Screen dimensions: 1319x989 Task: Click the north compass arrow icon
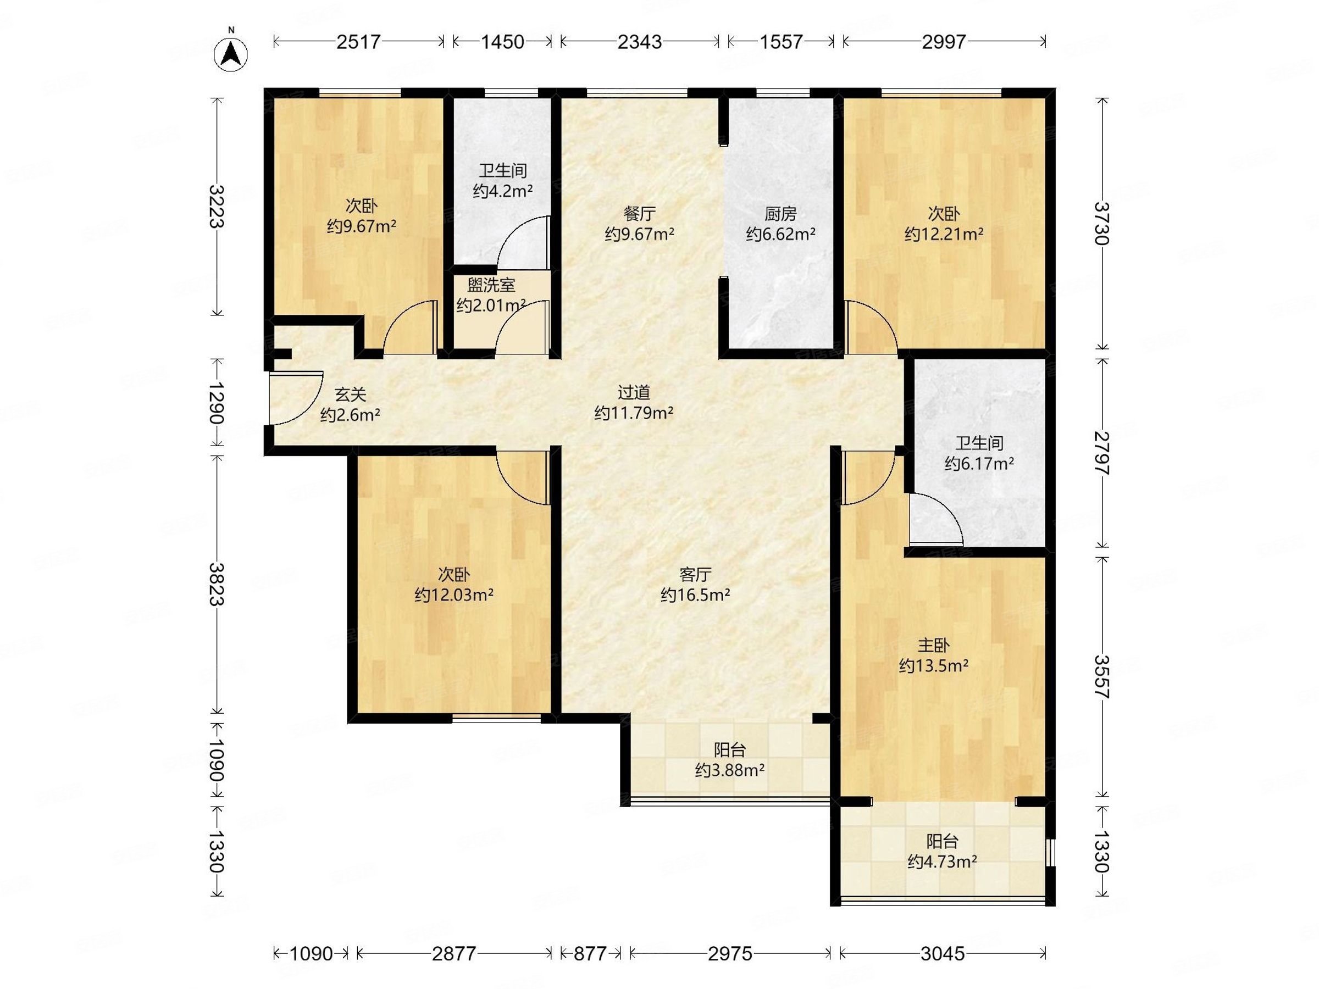tap(231, 54)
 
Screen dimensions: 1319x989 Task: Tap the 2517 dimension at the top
tap(358, 42)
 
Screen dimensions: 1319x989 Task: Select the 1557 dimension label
tap(781, 42)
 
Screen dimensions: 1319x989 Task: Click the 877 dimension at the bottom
tap(590, 954)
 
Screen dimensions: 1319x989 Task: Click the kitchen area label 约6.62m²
tap(780, 234)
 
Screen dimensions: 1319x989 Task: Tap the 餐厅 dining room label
tap(640, 213)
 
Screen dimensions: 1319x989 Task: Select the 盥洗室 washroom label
tap(491, 285)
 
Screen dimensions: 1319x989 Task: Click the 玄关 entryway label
tap(350, 394)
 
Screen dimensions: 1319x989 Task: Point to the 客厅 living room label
tap(695, 575)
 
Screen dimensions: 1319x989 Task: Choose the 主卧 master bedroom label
tap(933, 645)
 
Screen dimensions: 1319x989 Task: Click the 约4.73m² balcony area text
tap(942, 862)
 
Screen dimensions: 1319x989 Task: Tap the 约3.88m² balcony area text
tap(730, 770)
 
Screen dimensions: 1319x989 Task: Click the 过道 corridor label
tap(634, 392)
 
